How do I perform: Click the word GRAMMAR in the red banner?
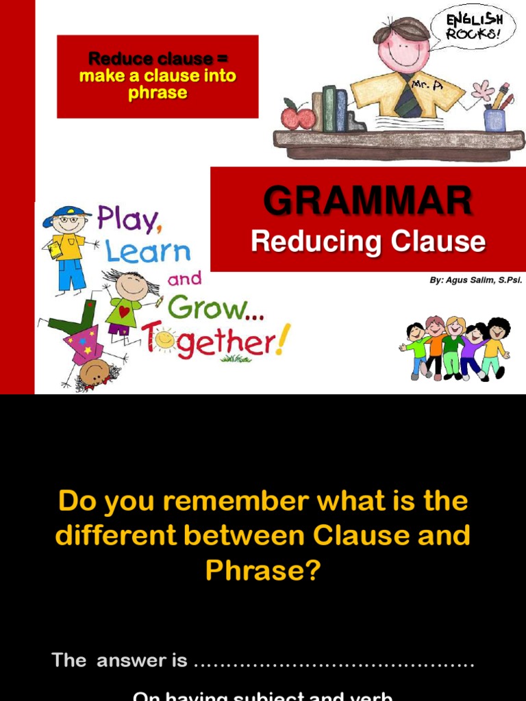click(368, 201)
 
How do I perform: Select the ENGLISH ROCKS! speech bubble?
click(473, 26)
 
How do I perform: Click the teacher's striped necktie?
click(409, 99)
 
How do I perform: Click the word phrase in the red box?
click(158, 92)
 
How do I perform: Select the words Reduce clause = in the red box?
click(158, 59)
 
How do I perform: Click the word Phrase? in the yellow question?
click(263, 570)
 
